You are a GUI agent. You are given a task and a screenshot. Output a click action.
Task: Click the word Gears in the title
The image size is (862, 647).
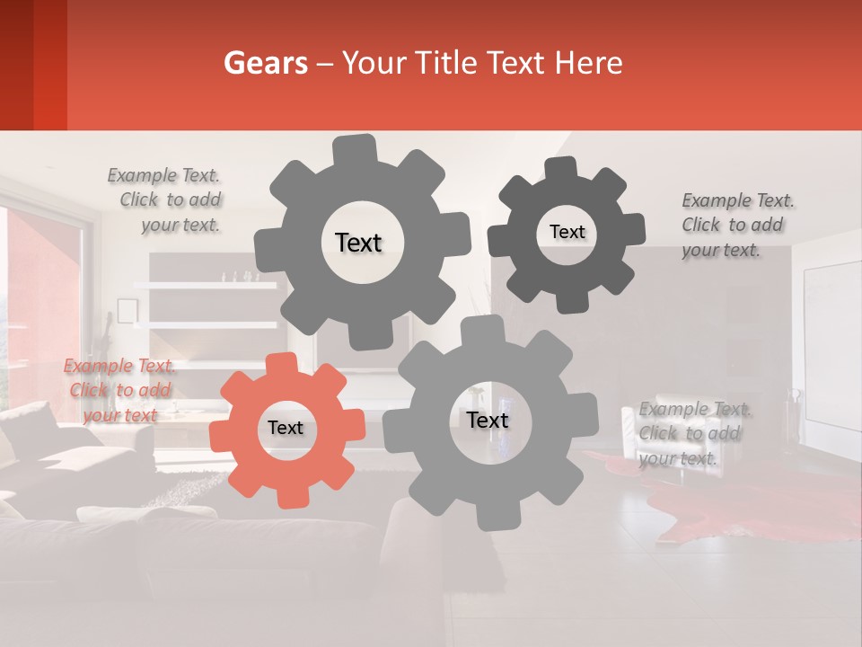(265, 63)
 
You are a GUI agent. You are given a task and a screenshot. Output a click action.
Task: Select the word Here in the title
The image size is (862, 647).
(588, 63)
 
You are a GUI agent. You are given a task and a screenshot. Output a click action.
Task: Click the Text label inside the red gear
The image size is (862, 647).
(286, 429)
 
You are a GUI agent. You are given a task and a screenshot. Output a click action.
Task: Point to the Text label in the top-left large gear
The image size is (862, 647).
(358, 243)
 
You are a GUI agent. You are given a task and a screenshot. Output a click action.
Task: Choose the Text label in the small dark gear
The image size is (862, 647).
(567, 232)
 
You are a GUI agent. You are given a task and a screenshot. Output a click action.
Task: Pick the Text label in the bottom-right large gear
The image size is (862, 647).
(488, 420)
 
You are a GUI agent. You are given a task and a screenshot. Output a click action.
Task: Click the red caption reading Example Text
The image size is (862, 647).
(119, 367)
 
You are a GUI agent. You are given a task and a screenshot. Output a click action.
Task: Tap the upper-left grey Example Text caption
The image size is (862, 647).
(163, 176)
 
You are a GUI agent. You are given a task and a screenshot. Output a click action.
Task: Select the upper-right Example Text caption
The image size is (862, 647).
(738, 200)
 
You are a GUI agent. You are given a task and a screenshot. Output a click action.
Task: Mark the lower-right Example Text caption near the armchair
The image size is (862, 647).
(695, 410)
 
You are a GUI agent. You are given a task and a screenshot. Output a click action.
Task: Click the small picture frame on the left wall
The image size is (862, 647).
(128, 311)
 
